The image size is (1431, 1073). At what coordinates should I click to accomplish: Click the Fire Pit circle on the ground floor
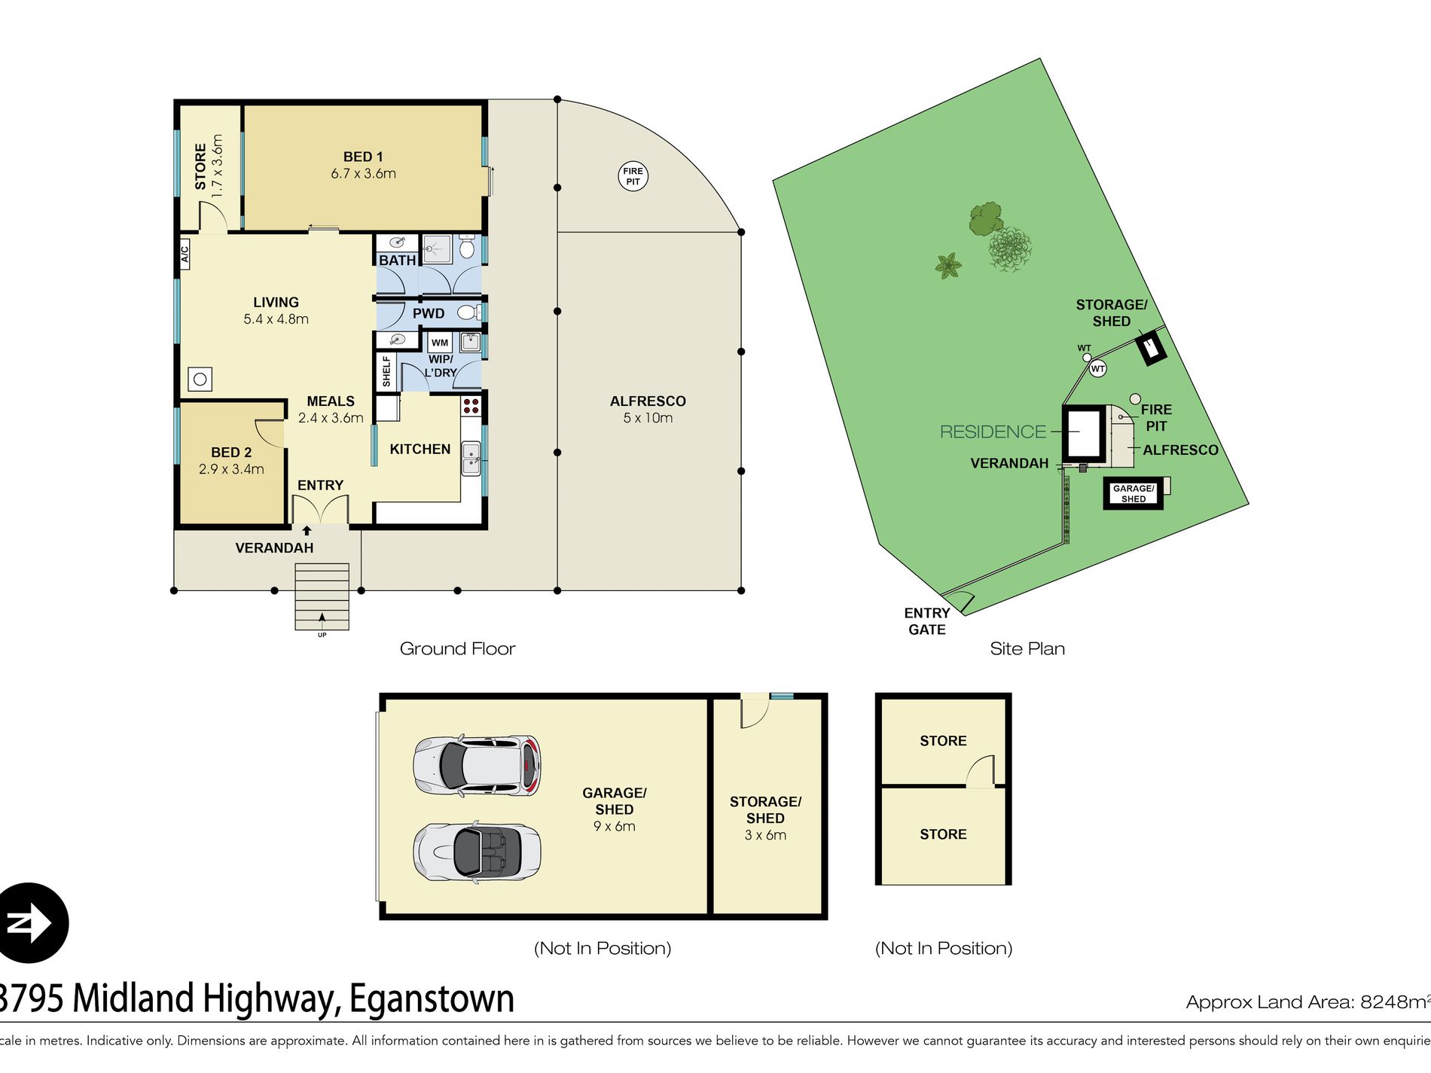point(633,176)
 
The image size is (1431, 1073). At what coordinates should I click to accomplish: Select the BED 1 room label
point(363,157)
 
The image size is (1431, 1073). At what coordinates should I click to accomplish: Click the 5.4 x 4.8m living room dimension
point(276,319)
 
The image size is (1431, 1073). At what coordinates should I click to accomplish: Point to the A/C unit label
point(185,254)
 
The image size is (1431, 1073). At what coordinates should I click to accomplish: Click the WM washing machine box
point(440,343)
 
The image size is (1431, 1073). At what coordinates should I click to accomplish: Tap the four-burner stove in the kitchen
point(471,406)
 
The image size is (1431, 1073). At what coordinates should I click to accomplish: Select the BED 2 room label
point(231,453)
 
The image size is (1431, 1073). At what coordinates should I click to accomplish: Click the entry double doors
point(320,511)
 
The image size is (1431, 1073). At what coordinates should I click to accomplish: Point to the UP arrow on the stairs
point(322,620)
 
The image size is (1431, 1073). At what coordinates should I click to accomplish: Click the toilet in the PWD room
point(467,312)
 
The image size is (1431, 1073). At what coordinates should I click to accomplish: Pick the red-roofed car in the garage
point(477,765)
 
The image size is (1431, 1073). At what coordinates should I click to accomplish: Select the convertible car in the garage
point(477,851)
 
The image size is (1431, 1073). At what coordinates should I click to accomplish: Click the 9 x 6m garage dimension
point(614,826)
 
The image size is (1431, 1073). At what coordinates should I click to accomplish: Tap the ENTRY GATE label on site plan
point(926,621)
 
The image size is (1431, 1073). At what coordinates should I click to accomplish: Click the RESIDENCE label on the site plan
point(993,431)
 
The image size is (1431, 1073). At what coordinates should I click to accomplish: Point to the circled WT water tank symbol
point(1097,368)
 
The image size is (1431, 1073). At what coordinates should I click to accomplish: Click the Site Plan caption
point(1027,648)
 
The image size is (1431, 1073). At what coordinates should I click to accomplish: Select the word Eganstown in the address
point(432,998)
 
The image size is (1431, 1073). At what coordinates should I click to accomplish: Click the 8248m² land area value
point(1393,1001)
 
